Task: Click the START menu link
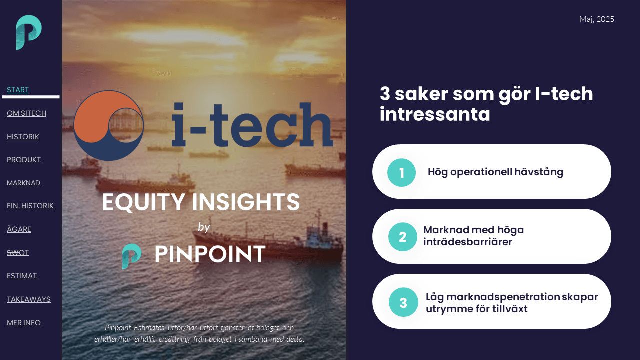[x=18, y=90]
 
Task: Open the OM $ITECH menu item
[x=26, y=113]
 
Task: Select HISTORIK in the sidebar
[x=23, y=136]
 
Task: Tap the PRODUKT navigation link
[x=24, y=160]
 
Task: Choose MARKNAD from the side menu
[x=23, y=183]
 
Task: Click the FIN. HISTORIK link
[x=30, y=206]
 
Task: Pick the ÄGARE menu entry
[x=19, y=229]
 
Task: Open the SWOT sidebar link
[x=18, y=252]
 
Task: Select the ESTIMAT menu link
[x=22, y=276]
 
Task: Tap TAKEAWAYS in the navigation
[x=29, y=299]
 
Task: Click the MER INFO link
[x=24, y=323]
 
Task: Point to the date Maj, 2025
[x=596, y=19]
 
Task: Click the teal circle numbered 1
[x=401, y=173]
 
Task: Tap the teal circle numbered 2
[x=402, y=237]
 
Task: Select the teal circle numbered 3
[x=403, y=302]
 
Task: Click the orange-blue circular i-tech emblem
[x=109, y=125]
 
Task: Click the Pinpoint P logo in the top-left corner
[x=28, y=32]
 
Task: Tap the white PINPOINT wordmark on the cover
[x=210, y=254]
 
